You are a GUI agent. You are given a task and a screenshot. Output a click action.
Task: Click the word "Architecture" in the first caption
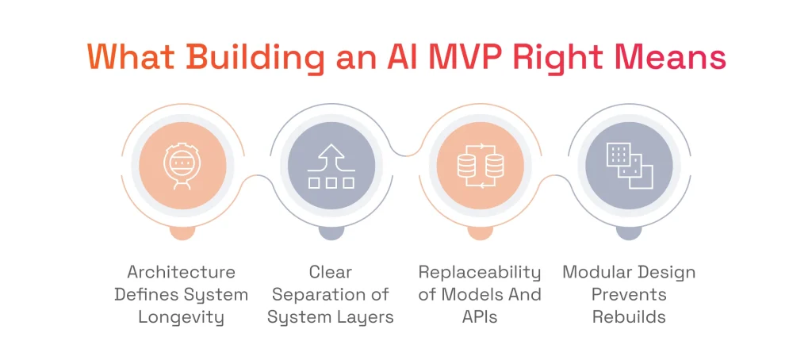point(182,272)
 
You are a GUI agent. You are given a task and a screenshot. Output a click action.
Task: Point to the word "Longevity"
point(182,317)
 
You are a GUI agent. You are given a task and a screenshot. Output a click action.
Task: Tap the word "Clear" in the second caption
point(331,272)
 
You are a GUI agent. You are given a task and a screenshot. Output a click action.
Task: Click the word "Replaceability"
point(480,272)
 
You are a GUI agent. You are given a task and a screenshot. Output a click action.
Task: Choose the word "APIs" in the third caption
point(480,317)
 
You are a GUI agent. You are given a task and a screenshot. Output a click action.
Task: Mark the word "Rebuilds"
point(629,317)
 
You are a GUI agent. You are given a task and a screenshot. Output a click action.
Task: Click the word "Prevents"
point(629,295)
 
